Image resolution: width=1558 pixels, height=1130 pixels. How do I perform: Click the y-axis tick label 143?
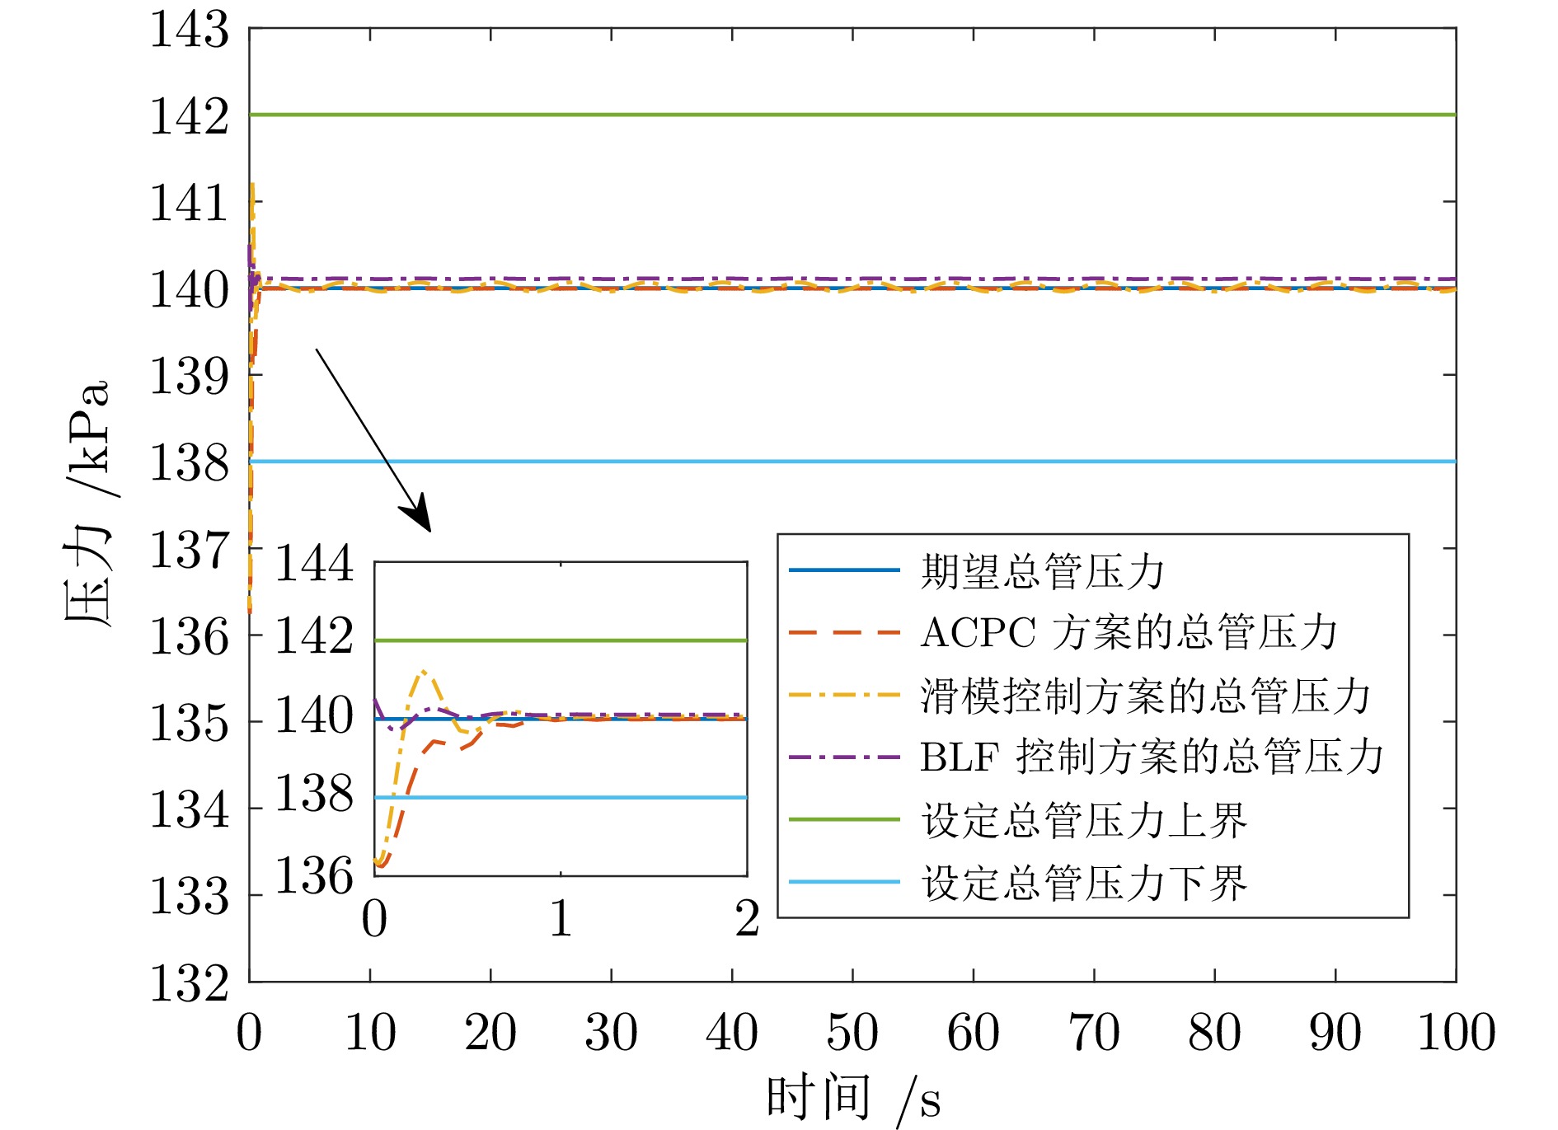coord(189,31)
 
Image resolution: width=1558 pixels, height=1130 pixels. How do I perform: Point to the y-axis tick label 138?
coord(189,462)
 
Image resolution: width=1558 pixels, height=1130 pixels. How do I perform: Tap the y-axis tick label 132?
coord(189,982)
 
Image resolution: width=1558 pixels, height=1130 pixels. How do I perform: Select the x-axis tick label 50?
coord(852,1033)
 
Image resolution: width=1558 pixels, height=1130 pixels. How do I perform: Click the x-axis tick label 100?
coord(1456,1033)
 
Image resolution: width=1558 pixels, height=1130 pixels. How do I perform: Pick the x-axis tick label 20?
coord(490,1033)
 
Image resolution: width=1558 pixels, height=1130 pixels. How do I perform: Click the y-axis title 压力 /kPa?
coord(87,503)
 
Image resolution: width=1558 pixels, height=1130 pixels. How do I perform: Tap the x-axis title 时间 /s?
coord(852,1099)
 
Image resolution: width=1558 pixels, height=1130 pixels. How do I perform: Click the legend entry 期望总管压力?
coord(1042,570)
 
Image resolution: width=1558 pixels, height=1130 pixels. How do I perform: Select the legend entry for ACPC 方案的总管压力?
coord(1128,633)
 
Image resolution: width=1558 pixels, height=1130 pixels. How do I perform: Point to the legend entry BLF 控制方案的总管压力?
coord(1151,757)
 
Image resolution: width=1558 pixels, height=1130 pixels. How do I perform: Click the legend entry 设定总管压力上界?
coord(1083,820)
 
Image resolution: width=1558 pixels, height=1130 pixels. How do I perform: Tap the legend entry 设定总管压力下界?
coord(1083,883)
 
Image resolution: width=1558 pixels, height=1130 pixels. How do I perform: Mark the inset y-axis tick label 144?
coord(313,565)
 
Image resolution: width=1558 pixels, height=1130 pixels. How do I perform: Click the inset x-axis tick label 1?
coord(561,919)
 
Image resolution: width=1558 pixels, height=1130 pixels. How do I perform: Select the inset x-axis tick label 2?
coord(747,919)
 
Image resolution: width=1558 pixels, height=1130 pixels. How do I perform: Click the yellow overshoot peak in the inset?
coord(424,672)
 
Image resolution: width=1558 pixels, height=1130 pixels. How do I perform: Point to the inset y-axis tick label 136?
coord(313,875)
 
